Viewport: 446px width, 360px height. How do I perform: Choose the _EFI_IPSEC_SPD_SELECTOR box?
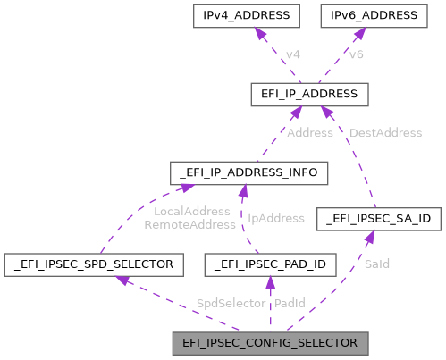(x=94, y=264)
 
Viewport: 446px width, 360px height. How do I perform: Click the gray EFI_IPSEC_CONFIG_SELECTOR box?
(x=271, y=342)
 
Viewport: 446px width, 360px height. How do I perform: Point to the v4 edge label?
(x=292, y=55)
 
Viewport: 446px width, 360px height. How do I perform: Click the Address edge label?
(x=310, y=132)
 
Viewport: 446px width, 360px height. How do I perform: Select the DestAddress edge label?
(x=385, y=132)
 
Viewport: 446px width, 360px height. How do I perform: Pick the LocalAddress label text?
(x=192, y=211)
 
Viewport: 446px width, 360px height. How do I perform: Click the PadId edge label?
(x=290, y=305)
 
